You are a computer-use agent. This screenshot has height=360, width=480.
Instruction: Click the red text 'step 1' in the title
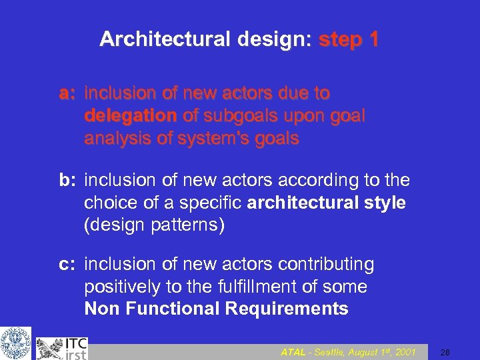point(349,40)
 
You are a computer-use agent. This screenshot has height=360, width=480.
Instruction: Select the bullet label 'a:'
point(68,93)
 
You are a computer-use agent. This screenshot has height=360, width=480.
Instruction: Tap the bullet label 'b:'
point(68,181)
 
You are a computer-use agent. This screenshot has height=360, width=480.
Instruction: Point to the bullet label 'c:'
point(68,264)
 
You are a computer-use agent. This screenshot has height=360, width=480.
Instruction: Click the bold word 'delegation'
point(130,115)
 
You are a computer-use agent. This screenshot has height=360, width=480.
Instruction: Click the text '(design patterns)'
point(155,225)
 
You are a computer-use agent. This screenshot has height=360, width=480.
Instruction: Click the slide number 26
point(446,351)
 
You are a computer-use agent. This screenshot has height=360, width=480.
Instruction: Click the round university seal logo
point(15,343)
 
